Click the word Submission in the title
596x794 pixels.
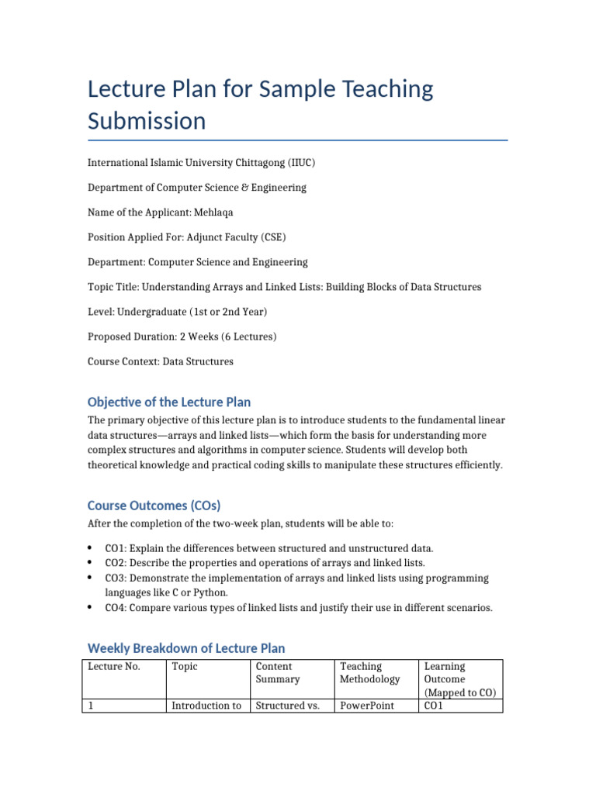click(147, 121)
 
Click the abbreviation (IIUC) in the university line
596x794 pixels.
click(301, 163)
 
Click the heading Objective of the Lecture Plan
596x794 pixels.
click(169, 402)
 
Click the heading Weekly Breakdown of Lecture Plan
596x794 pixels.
click(186, 648)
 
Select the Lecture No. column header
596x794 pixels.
click(113, 667)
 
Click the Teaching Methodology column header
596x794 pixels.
click(369, 673)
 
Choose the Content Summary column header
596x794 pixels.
click(274, 673)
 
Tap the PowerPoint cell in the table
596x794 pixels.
click(367, 706)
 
